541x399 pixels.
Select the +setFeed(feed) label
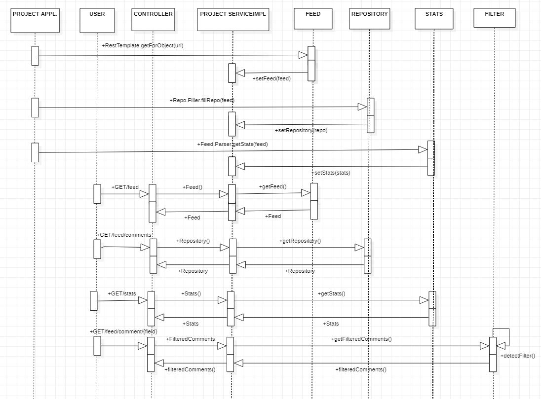271,78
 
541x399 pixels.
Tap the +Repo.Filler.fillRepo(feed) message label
201,100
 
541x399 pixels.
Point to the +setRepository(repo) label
301,131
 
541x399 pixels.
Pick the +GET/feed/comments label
124,235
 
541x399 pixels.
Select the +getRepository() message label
300,241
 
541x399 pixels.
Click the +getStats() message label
332,293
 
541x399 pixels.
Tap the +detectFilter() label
517,356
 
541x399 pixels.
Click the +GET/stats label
122,293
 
